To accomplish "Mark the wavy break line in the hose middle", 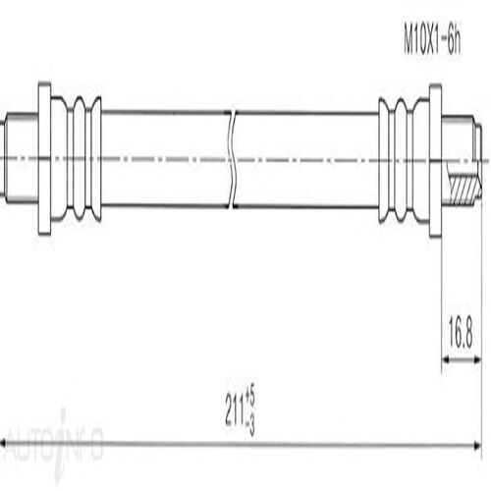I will click(233, 159).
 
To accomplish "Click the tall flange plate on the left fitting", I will click(44, 159).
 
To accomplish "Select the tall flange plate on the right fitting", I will click(435, 159).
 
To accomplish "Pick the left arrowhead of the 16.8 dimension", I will click(446, 361).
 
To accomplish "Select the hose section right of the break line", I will click(304, 159).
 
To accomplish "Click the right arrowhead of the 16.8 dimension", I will click(477, 361).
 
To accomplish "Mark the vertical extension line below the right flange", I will click(441, 295).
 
